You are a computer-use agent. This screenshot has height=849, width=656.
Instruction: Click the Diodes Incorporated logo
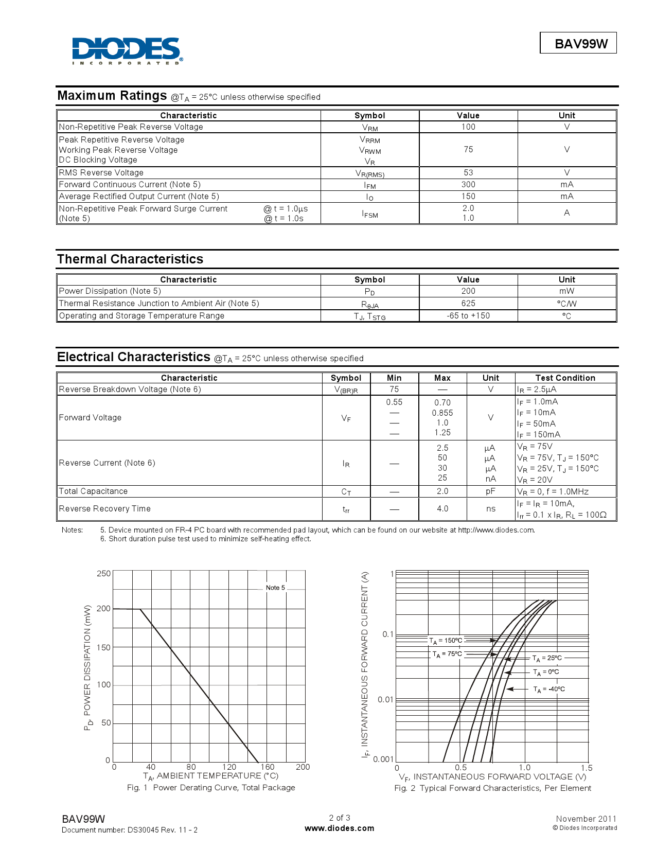(x=127, y=50)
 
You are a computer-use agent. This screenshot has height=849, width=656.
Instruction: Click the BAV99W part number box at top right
(x=578, y=43)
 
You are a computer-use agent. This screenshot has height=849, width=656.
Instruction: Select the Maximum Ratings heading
(x=112, y=96)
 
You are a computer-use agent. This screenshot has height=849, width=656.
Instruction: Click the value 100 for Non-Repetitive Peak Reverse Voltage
(x=468, y=127)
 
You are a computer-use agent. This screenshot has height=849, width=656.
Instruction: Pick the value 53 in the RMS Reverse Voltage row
(x=468, y=173)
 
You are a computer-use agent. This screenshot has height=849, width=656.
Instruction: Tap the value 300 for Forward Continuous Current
(x=468, y=185)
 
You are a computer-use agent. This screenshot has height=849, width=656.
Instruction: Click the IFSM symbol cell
(x=369, y=214)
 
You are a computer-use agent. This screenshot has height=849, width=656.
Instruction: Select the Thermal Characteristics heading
(x=130, y=259)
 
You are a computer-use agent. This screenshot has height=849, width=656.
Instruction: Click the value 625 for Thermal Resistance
(x=468, y=304)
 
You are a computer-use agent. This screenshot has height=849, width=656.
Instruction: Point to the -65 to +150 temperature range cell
(x=468, y=316)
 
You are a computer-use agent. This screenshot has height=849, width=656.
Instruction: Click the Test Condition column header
(x=565, y=378)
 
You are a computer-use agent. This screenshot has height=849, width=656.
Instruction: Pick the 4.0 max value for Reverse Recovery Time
(x=442, y=509)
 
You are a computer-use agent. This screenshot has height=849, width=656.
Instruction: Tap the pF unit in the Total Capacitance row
(x=490, y=491)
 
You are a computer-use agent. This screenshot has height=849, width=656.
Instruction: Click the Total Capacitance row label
(x=93, y=491)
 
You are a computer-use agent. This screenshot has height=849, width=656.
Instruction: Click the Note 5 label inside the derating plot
(x=275, y=588)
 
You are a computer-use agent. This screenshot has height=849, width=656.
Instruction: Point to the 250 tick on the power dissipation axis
(x=103, y=574)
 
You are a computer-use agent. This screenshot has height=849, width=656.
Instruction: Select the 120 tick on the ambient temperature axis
(x=229, y=767)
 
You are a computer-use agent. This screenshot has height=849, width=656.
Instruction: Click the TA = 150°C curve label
(x=446, y=641)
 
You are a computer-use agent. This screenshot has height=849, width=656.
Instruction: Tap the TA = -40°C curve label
(x=549, y=689)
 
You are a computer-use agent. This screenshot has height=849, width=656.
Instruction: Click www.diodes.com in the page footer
(x=339, y=828)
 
